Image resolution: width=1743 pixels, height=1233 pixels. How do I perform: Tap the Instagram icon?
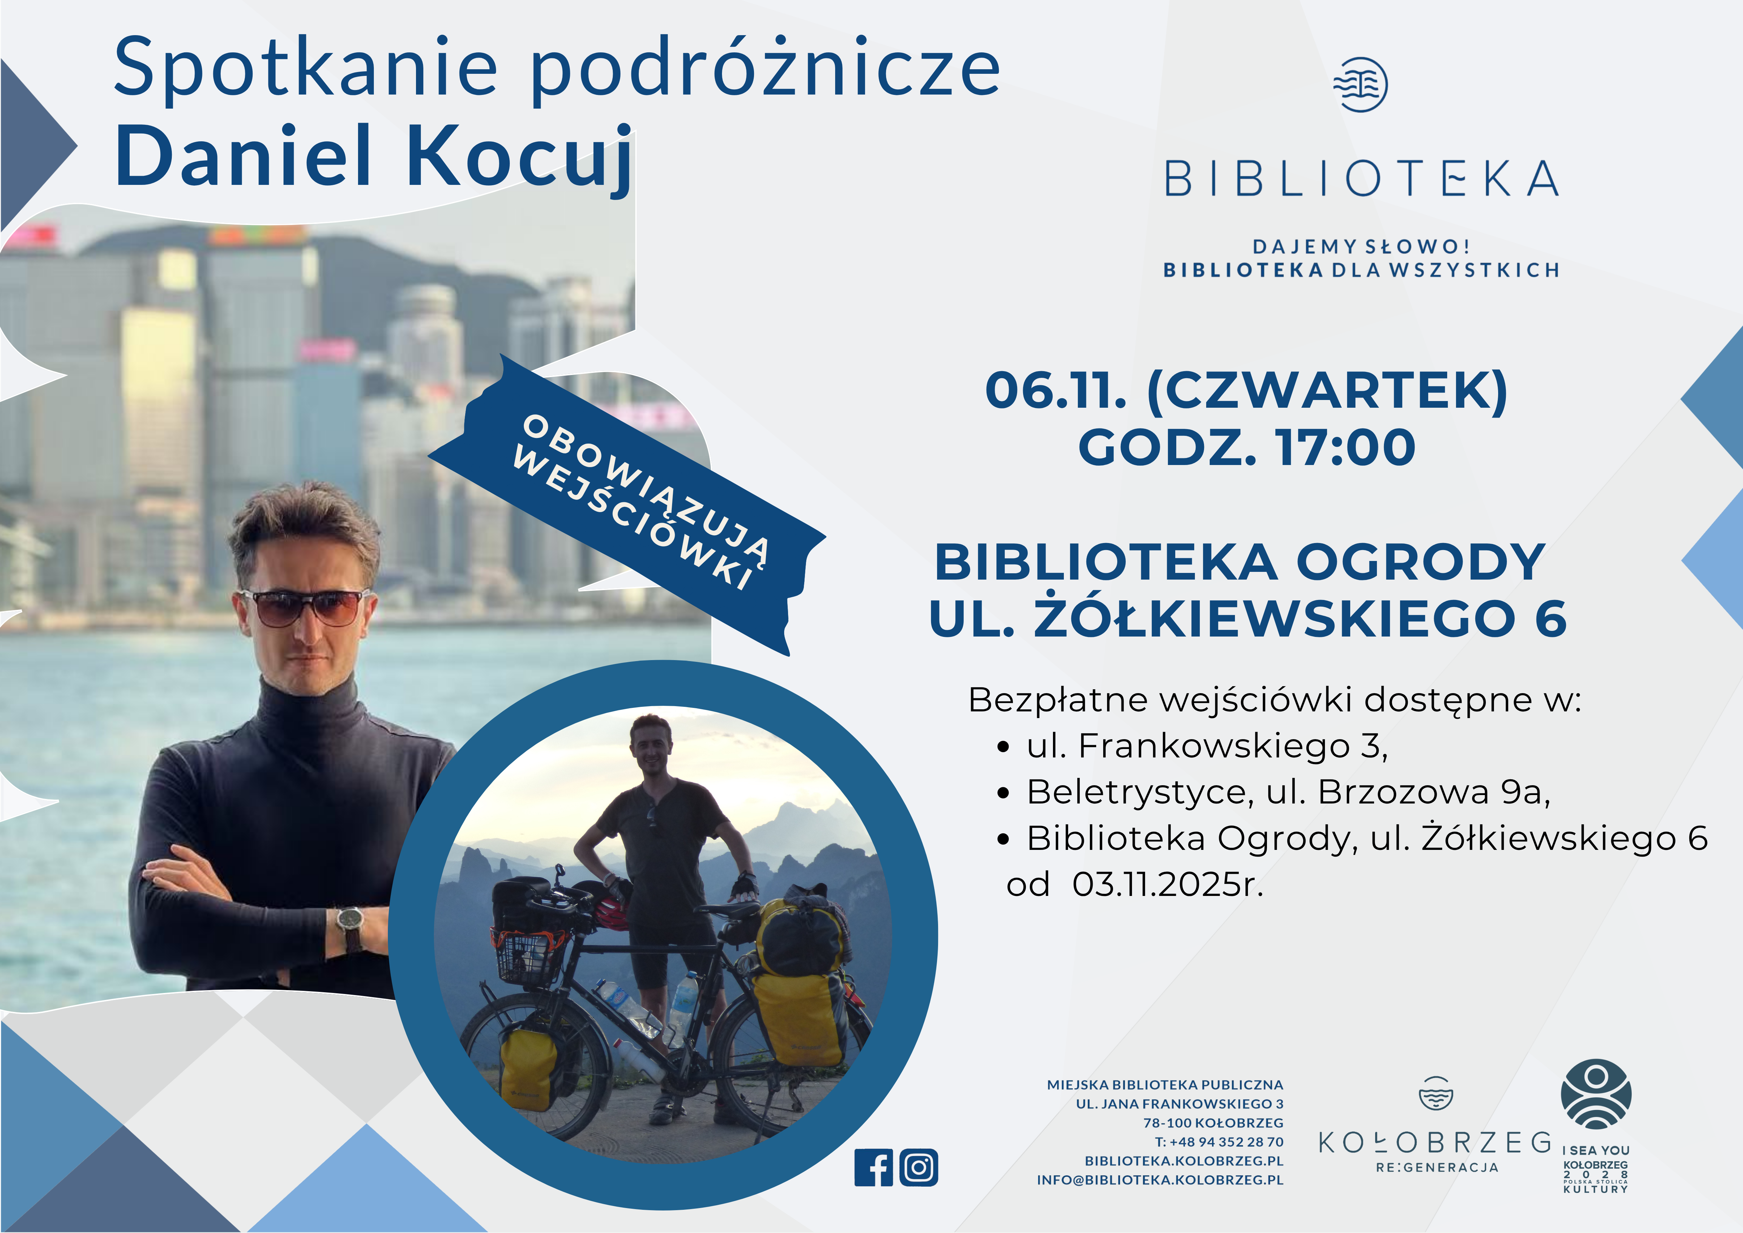point(918,1168)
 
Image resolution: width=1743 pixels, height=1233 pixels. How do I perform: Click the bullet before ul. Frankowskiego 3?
point(1003,747)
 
